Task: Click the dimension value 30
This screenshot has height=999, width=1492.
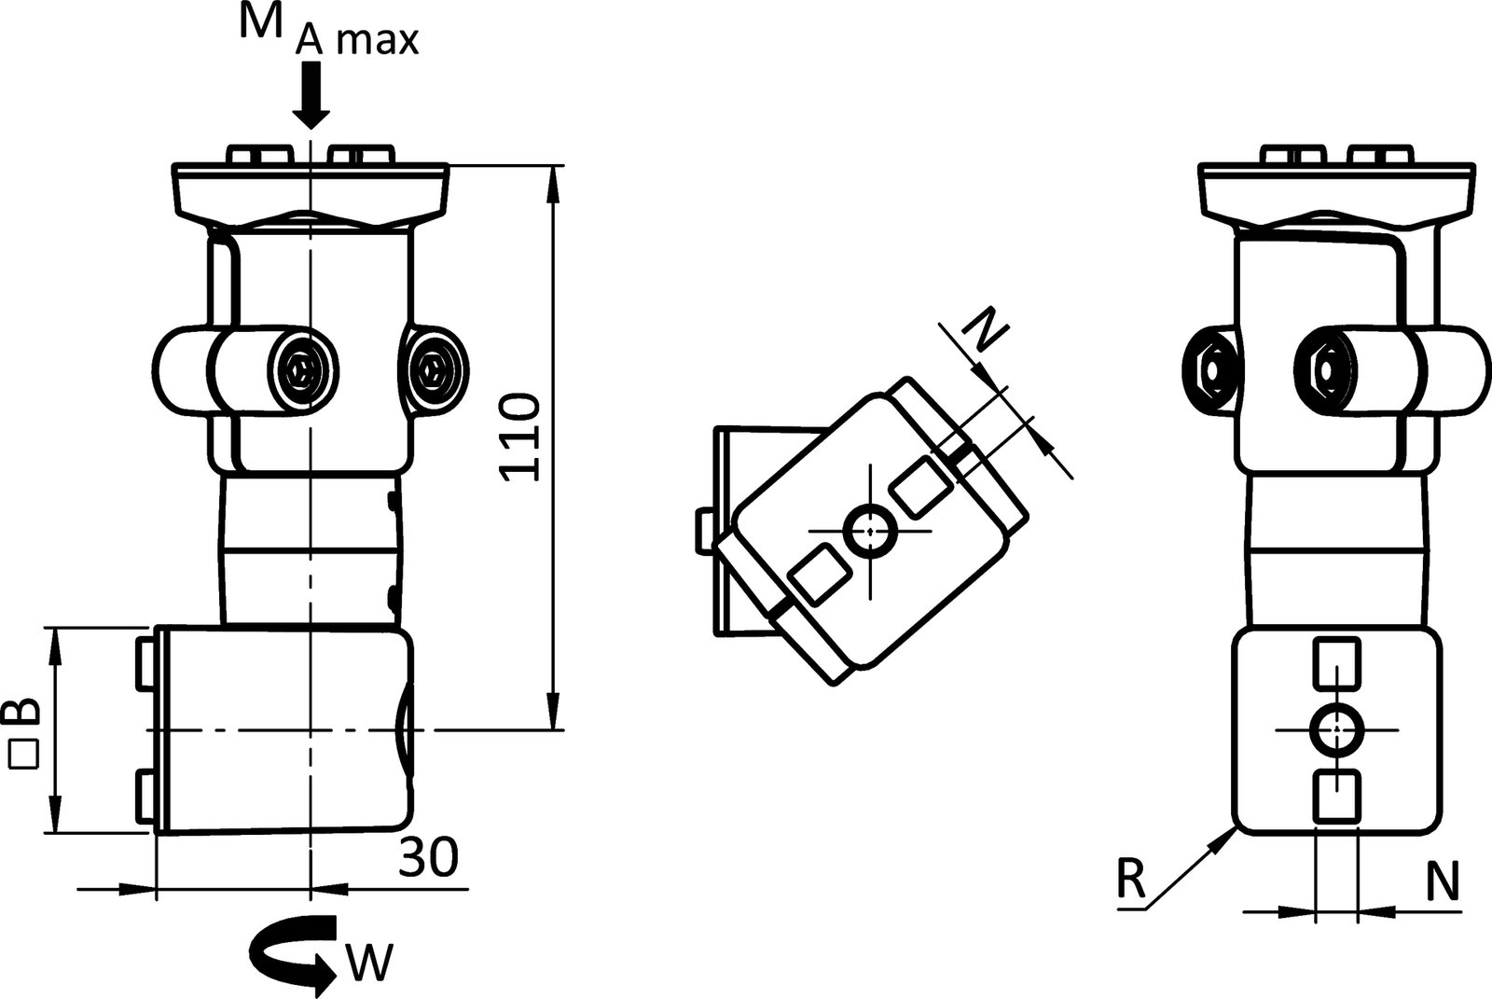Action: click(x=429, y=857)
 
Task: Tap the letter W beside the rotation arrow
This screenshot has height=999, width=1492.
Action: click(x=371, y=963)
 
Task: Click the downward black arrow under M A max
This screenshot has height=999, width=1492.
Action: click(x=311, y=97)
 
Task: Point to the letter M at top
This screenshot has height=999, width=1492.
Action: click(x=261, y=22)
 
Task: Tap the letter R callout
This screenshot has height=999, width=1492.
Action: click(x=1130, y=880)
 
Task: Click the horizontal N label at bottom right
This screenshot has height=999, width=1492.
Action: click(x=1443, y=881)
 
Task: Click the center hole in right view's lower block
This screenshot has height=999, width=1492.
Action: click(x=1337, y=729)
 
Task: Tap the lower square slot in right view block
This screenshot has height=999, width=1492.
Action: click(x=1337, y=796)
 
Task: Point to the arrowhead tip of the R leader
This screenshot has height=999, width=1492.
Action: click(x=1230, y=833)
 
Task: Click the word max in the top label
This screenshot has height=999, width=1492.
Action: click(x=377, y=42)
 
